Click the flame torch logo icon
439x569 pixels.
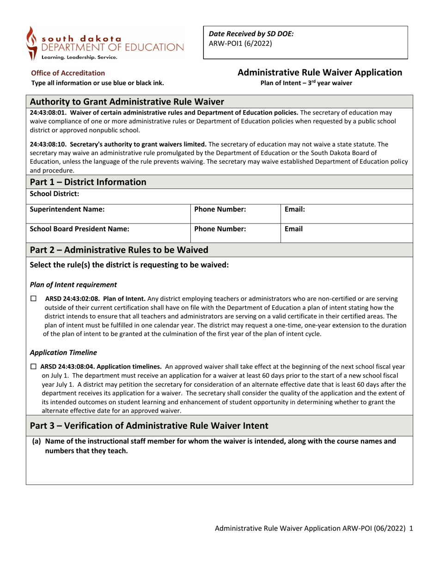pos(32,43)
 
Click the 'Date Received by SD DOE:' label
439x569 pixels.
pos(251,34)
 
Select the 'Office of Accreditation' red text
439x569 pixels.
pos(67,73)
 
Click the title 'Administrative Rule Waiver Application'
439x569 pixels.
pos(319,73)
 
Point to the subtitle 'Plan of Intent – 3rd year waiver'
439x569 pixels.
pos(306,83)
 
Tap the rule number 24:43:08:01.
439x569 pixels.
pos(48,112)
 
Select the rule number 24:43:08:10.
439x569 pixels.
pos(48,144)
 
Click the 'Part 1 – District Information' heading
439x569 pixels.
pos(88,182)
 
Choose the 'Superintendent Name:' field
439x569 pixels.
pos(67,209)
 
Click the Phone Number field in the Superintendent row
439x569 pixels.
pos(219,209)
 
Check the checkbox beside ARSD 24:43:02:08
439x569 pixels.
pos(33,299)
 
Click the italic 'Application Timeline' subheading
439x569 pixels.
pos(63,353)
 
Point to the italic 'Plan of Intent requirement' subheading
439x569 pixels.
pos(73,284)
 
